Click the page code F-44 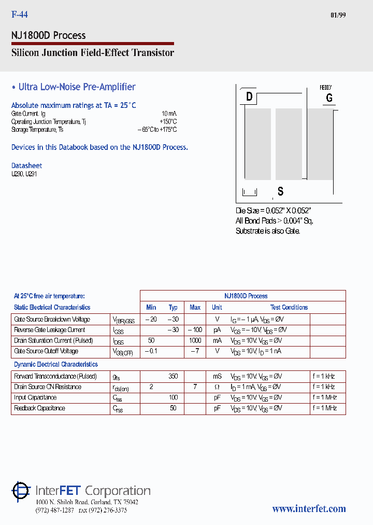pos(20,15)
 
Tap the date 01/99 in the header pos(338,15)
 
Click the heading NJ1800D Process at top pos(49,35)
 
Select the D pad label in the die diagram pos(249,97)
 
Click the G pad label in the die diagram pos(329,98)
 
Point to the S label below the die pos(280,191)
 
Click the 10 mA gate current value pos(169,113)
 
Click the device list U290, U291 pos(24,174)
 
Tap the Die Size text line pos(273,211)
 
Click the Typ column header pos(173,307)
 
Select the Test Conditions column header pos(289,307)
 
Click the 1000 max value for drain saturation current pos(195,340)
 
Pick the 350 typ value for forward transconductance pos(173,376)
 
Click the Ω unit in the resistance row pos(217,387)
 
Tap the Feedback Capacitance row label pos(39,408)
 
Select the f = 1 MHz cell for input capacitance pos(324,397)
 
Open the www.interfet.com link pos(309,509)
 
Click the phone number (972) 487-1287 pos(55,510)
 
